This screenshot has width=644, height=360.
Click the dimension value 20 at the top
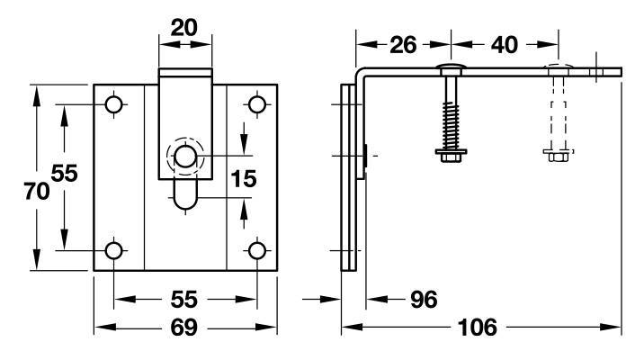(x=186, y=28)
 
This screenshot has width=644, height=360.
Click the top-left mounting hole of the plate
(x=114, y=104)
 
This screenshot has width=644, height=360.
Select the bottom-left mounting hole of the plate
(x=114, y=250)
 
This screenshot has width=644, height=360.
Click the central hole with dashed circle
(x=186, y=157)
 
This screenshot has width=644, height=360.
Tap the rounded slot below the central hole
(x=186, y=194)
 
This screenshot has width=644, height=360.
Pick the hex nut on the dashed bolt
(x=556, y=156)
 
